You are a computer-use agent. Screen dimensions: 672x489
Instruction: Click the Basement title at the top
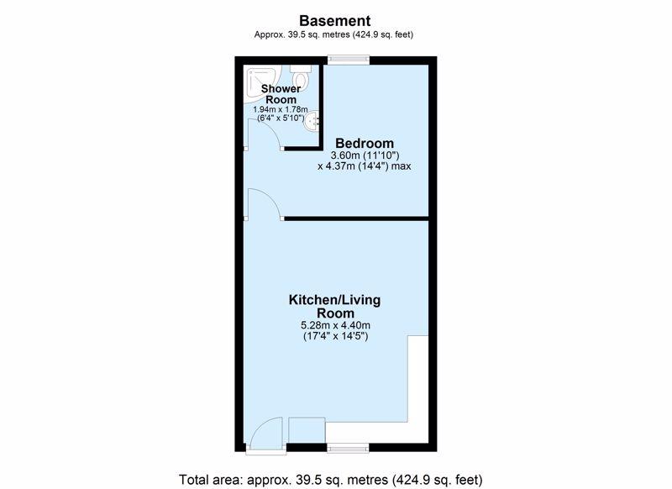(334, 20)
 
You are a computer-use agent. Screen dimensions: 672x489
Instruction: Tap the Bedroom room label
(365, 143)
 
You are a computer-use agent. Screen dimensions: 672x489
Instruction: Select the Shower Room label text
(281, 94)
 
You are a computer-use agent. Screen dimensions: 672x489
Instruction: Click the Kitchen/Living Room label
(334, 306)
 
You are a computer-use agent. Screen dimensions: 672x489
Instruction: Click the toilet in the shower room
(301, 76)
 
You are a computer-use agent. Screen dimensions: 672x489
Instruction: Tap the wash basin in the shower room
(312, 121)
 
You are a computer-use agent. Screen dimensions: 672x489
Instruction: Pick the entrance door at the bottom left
(266, 435)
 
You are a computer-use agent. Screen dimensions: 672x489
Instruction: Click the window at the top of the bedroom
(349, 60)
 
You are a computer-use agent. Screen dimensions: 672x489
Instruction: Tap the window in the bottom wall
(348, 448)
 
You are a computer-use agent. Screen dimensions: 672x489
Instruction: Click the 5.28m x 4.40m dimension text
(334, 326)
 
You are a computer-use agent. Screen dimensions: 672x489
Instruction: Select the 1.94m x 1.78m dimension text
(281, 110)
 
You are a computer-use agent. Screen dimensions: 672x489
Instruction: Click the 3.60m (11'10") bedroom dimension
(365, 155)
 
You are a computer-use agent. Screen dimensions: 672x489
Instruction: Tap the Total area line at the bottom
(330, 479)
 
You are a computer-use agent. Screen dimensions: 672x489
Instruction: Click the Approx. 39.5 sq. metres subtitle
(333, 34)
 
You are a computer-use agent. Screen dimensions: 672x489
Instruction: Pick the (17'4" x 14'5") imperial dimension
(335, 336)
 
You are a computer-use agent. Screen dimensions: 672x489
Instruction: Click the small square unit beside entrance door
(307, 430)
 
